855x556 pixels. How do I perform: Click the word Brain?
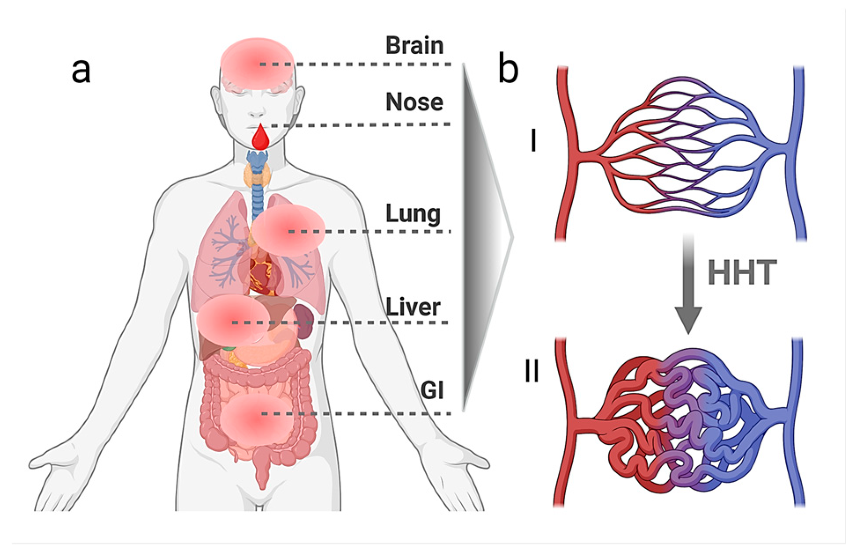[414, 46]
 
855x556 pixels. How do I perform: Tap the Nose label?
[414, 103]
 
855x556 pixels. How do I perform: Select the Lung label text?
[413, 214]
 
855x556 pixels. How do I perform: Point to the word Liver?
[413, 307]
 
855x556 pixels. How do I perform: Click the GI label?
[432, 390]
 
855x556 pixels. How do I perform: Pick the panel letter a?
[81, 70]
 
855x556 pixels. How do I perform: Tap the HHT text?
[742, 273]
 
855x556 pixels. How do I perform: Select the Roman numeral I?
[534, 142]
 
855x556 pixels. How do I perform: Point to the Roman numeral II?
[532, 371]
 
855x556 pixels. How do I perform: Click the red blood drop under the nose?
[261, 137]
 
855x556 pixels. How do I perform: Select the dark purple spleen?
[303, 320]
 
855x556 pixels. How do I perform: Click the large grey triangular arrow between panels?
[482, 238]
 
